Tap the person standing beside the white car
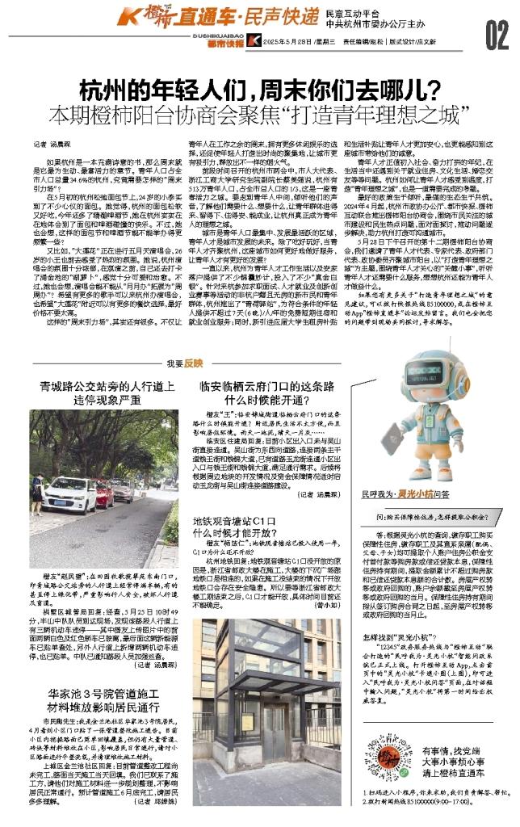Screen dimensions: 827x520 37,488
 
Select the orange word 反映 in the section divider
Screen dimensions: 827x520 193,364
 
